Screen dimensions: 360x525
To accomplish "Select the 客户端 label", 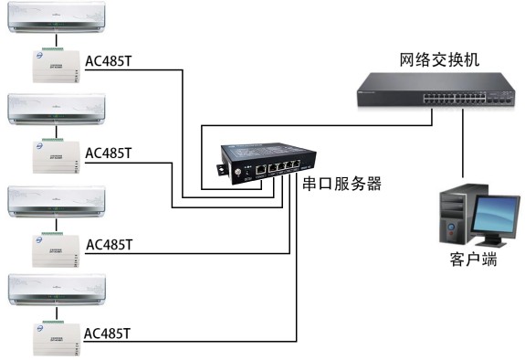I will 473,260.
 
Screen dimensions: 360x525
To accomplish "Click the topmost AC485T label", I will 109,63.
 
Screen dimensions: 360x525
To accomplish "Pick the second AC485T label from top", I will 109,153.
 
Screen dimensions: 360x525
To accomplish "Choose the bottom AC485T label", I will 109,333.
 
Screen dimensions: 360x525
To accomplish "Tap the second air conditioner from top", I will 57,109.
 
